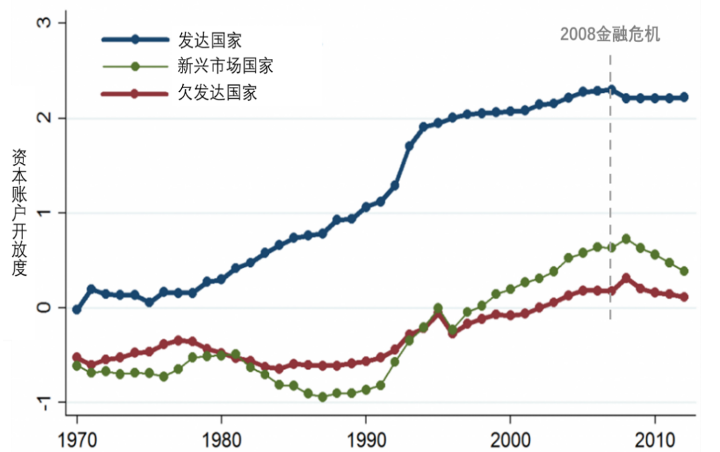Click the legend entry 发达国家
click(x=209, y=40)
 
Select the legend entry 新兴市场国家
click(x=225, y=66)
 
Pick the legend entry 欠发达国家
click(x=217, y=92)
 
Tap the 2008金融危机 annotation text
click(x=610, y=35)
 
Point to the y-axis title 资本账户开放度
click(x=19, y=213)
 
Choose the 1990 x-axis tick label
click(x=366, y=442)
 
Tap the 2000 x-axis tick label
click(x=510, y=442)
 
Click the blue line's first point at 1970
click(x=77, y=310)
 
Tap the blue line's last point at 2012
click(x=684, y=98)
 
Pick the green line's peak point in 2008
click(x=626, y=239)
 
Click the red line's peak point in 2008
click(x=626, y=277)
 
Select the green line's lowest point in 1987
click(x=323, y=397)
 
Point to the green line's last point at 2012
click(x=684, y=271)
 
